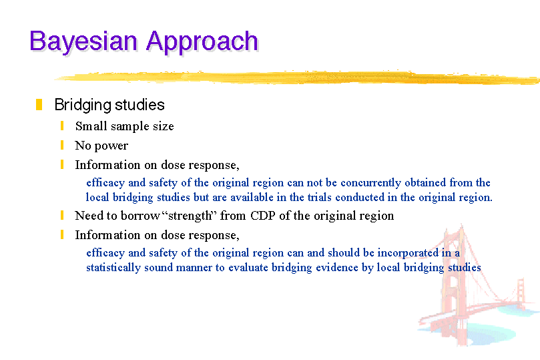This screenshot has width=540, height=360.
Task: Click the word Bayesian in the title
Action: [83, 41]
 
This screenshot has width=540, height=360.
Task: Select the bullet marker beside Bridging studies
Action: [39, 105]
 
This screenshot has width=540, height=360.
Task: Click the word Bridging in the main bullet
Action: [82, 105]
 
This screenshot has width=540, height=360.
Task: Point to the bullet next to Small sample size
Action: [62, 126]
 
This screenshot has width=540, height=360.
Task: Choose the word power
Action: [111, 146]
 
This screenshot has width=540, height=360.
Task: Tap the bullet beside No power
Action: [62, 145]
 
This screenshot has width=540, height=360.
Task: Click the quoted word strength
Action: [190, 216]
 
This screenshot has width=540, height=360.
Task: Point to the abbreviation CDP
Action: [263, 216]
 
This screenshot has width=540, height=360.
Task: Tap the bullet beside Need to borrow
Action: [62, 215]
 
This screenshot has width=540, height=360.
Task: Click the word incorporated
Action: [408, 253]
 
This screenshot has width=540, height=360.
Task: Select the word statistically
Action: [113, 268]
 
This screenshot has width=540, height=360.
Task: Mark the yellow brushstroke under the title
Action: [297, 77]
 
